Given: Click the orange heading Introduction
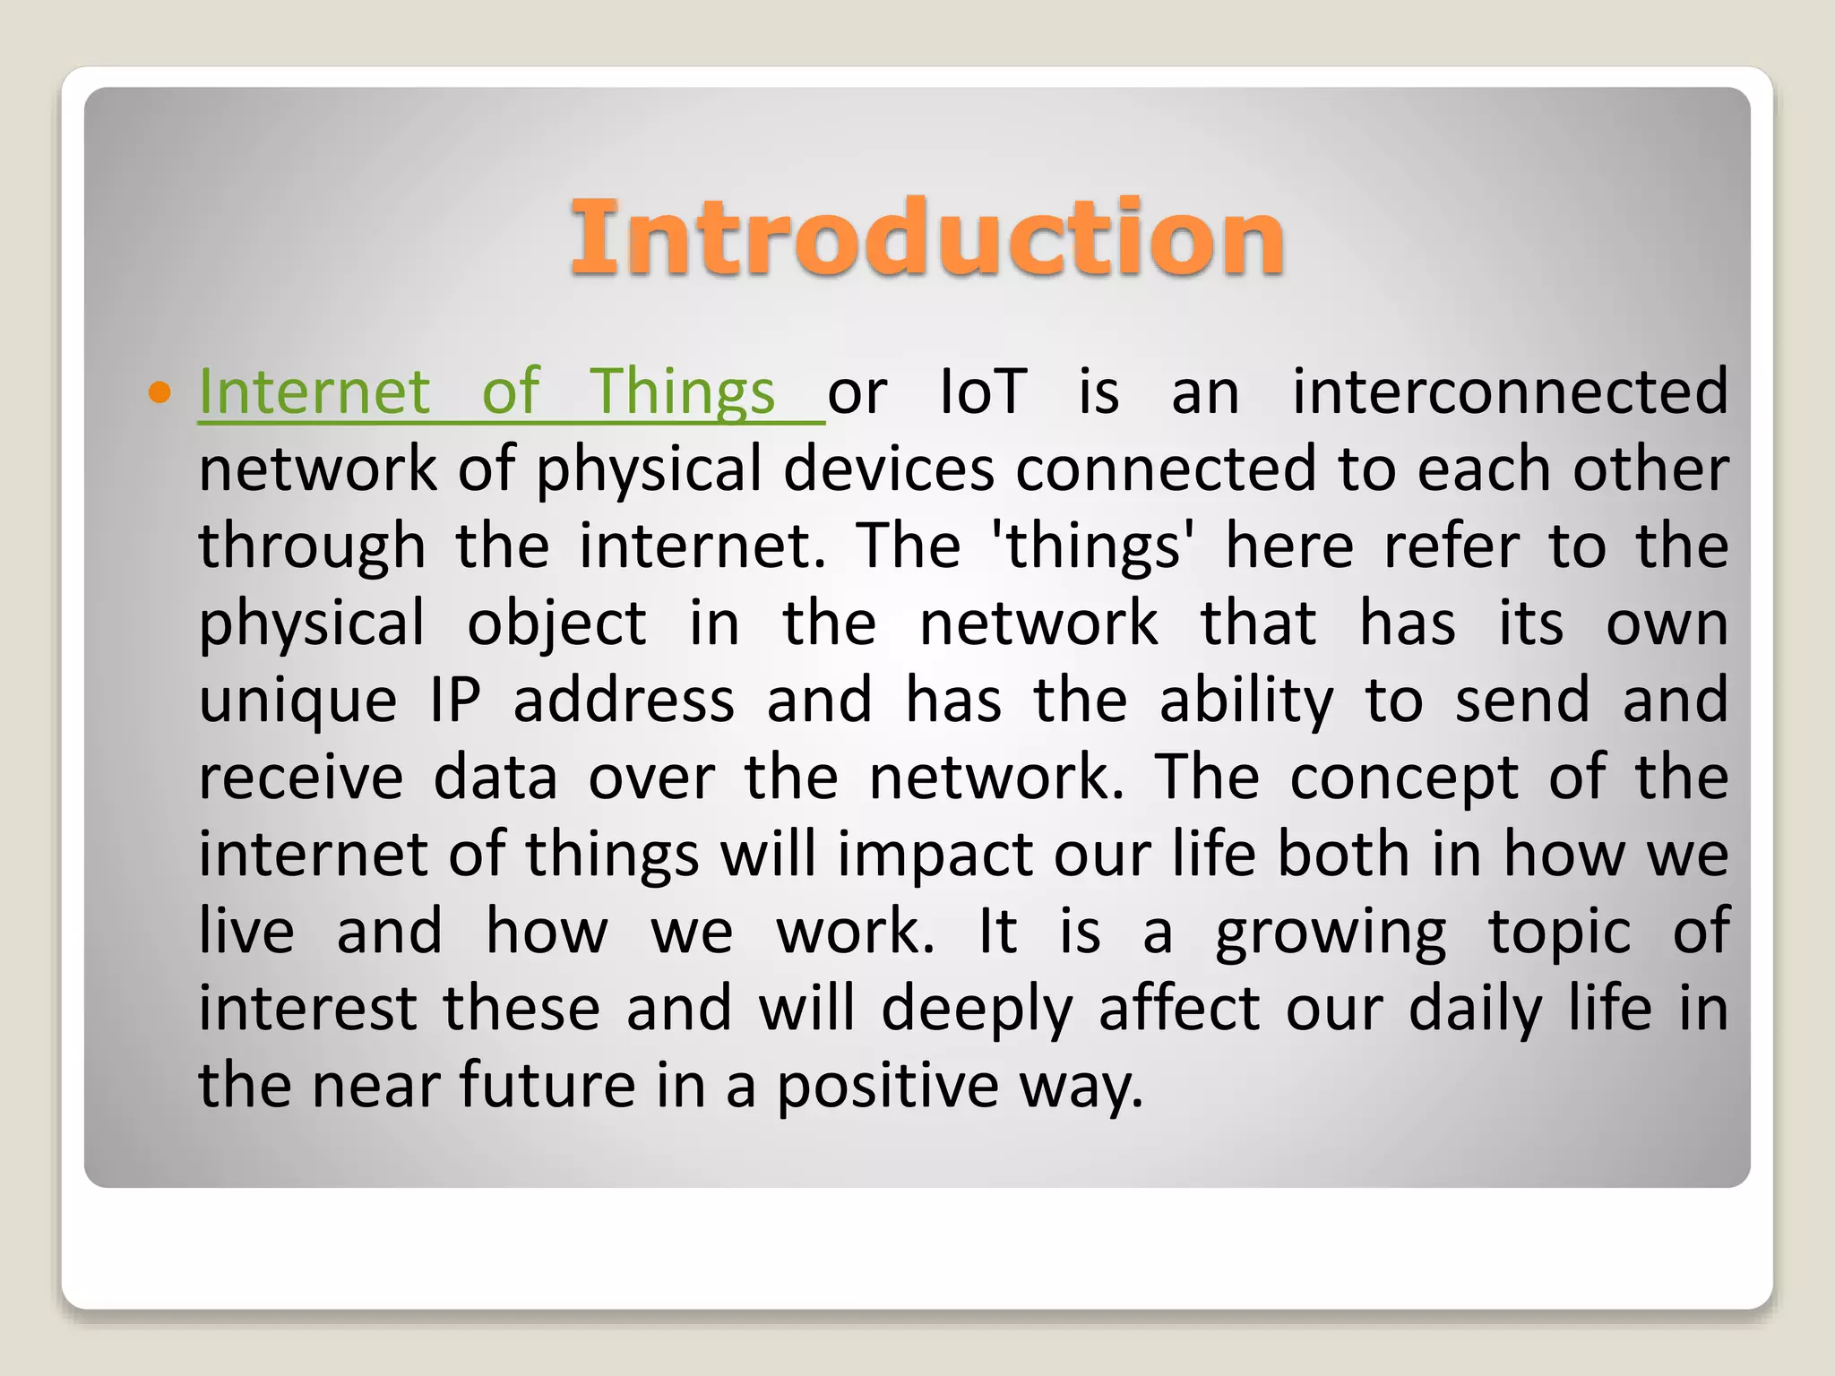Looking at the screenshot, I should pyautogui.click(x=926, y=236).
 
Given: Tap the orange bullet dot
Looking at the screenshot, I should pyautogui.click(x=159, y=392).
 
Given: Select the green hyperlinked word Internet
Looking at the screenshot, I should pyautogui.click(x=314, y=392).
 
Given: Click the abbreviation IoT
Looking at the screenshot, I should pyautogui.click(x=983, y=392).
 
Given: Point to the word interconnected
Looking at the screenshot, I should pyautogui.click(x=1510, y=392).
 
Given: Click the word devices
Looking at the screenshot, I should pyautogui.click(x=889, y=469).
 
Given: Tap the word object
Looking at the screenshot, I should pyautogui.click(x=556, y=623).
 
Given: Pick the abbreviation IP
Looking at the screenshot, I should pyautogui.click(x=455, y=701).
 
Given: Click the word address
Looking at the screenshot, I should pyautogui.click(x=624, y=701).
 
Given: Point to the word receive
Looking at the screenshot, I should pyautogui.click(x=301, y=778).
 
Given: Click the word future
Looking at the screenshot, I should pyautogui.click(x=547, y=1086).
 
